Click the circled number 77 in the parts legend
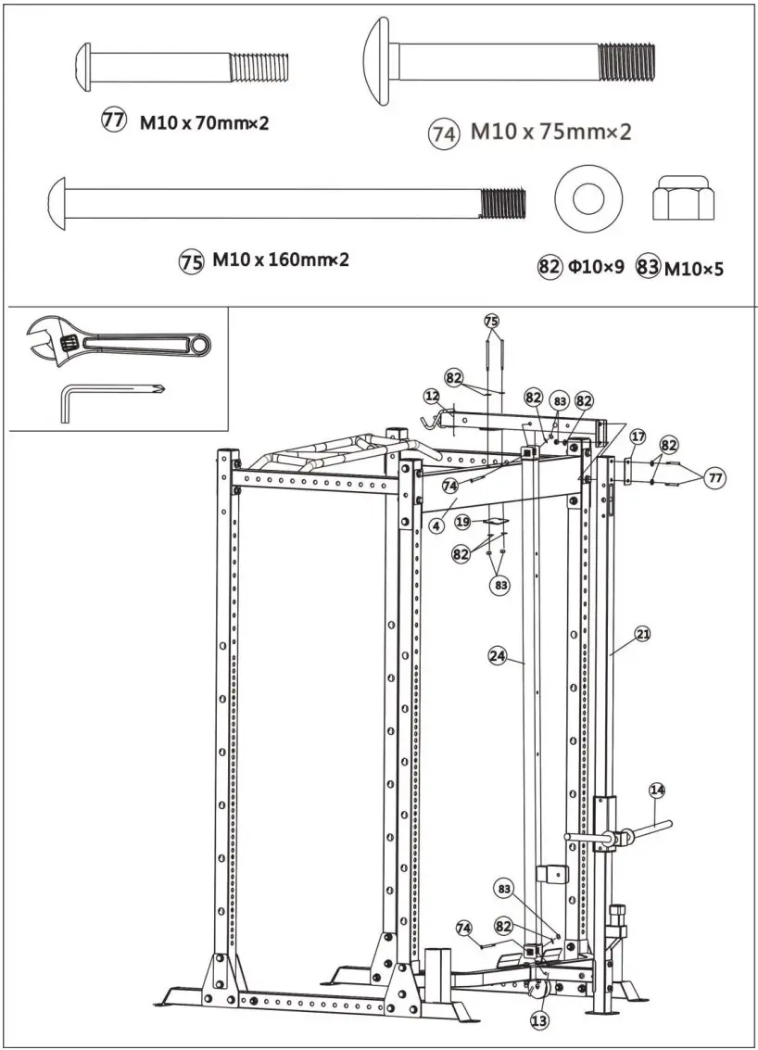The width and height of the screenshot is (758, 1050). [x=114, y=120]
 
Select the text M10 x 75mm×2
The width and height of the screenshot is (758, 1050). [x=550, y=132]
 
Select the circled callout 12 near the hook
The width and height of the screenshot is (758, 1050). [x=432, y=396]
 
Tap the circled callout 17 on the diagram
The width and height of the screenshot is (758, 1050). [x=638, y=436]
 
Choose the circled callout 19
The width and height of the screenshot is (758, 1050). [x=462, y=522]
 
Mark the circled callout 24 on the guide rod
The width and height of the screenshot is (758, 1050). [x=498, y=656]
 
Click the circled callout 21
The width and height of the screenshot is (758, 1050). [x=642, y=635]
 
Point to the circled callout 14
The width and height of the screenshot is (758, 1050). [x=657, y=791]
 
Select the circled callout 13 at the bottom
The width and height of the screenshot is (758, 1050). [x=539, y=1019]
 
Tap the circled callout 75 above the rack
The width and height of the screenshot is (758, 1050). [x=491, y=321]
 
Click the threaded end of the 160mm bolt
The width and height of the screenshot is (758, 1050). [x=502, y=201]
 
